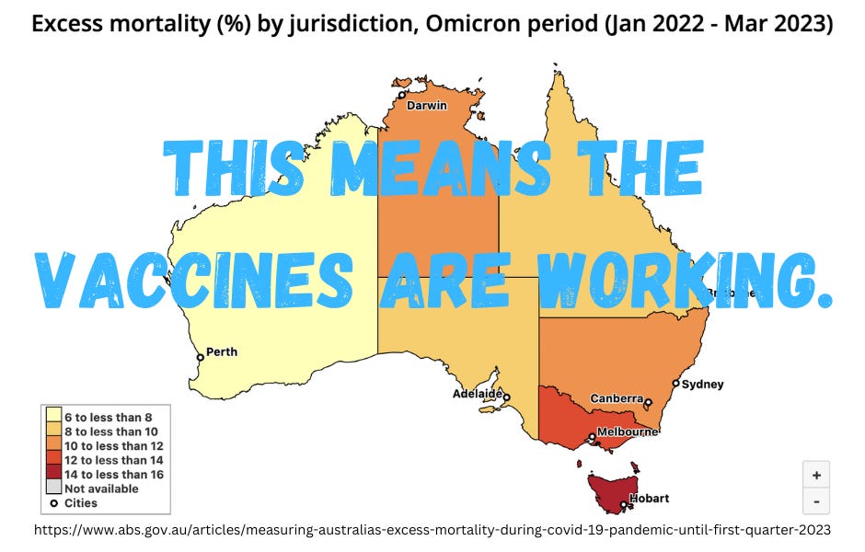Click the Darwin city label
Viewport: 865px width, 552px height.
pos(427,105)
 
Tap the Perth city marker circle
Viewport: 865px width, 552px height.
pos(200,357)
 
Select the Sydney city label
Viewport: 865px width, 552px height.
pos(704,384)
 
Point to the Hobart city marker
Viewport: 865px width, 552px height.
pos(624,504)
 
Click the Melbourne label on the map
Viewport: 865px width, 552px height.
pos(628,431)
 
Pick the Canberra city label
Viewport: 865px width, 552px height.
pos(617,398)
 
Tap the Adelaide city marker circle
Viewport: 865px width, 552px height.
pos(506,397)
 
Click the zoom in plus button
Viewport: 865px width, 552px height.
pos(816,476)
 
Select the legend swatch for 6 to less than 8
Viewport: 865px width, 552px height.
pos(54,417)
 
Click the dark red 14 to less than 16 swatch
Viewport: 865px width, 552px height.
pos(54,474)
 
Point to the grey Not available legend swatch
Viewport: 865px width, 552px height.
pos(54,489)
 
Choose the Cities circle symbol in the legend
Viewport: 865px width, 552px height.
pos(54,503)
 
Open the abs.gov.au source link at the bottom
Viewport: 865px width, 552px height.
pos(432,530)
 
